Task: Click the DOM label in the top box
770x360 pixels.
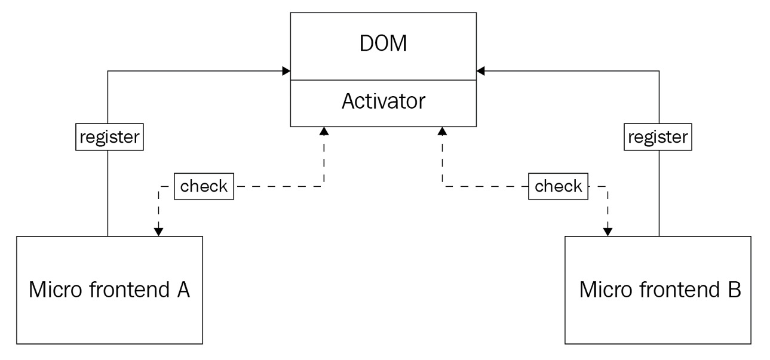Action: (x=384, y=45)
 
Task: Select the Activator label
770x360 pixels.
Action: (x=384, y=101)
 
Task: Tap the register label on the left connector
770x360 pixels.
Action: (x=108, y=137)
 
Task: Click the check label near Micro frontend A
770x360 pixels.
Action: (x=204, y=186)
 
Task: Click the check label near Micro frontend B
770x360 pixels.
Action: (x=558, y=186)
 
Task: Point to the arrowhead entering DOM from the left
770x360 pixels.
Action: (x=287, y=72)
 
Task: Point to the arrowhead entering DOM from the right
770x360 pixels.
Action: (x=480, y=72)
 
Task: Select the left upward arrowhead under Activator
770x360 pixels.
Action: (x=324, y=130)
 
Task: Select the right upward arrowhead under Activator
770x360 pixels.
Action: (x=442, y=130)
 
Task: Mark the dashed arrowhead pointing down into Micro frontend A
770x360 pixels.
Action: (x=158, y=232)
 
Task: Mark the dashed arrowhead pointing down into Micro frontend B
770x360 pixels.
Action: (x=608, y=232)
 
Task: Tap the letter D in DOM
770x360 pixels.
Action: (x=366, y=45)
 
